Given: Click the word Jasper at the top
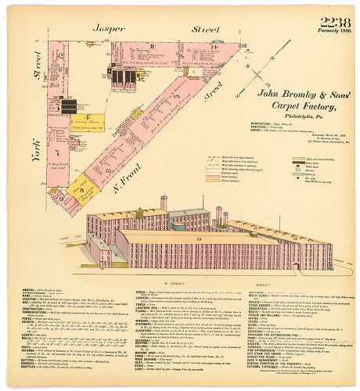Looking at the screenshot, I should click(x=109, y=28).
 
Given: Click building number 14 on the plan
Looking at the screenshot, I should click(x=213, y=48).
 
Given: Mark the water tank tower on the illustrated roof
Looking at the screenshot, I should click(x=164, y=203).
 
